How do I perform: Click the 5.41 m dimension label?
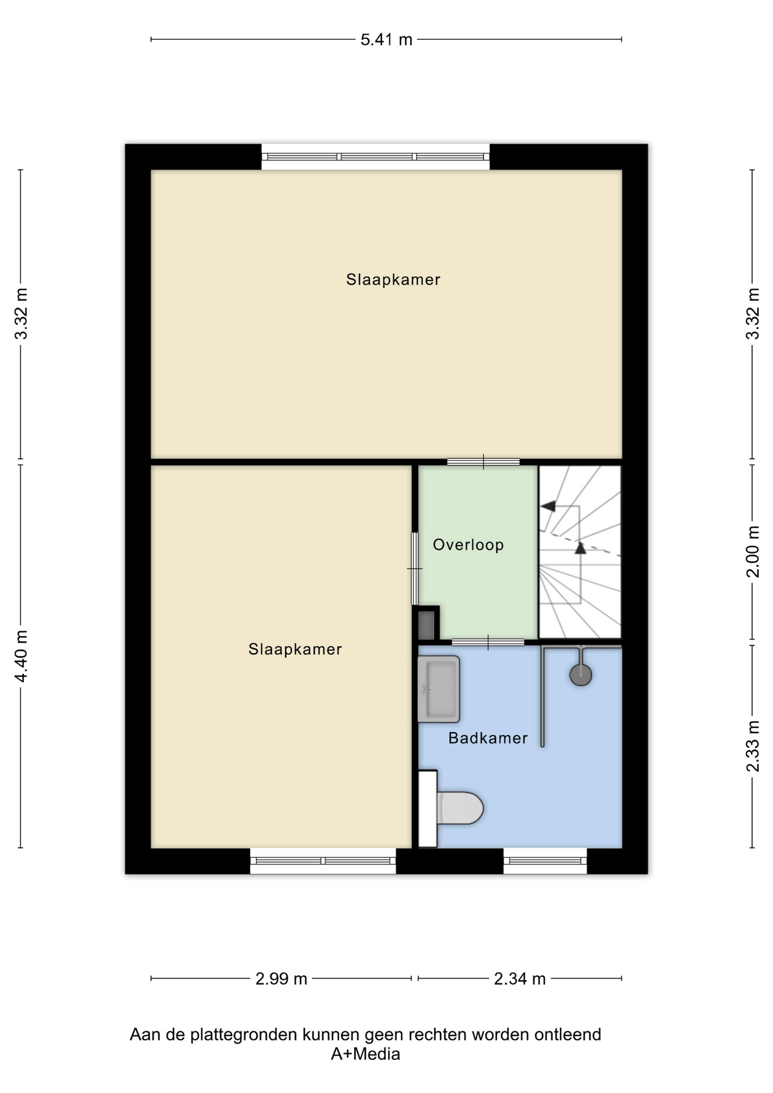coord(386,40)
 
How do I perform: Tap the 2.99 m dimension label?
coord(281,979)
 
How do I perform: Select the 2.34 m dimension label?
coord(520,979)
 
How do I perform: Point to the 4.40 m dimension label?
coord(21,656)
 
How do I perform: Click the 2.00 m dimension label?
coord(753,552)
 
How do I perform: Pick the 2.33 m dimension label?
coord(753,746)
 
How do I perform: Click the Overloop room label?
coord(468,545)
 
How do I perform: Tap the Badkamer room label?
coord(488,738)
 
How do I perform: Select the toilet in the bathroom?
coord(451,808)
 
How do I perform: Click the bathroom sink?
coord(438,689)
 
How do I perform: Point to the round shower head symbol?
coord(581,675)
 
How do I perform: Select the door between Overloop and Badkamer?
coord(488,642)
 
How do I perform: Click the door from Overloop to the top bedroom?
coord(483,462)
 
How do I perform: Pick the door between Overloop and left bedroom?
coord(415,568)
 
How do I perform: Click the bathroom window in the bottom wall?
coord(545,861)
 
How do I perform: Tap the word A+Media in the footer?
coord(365,1054)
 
